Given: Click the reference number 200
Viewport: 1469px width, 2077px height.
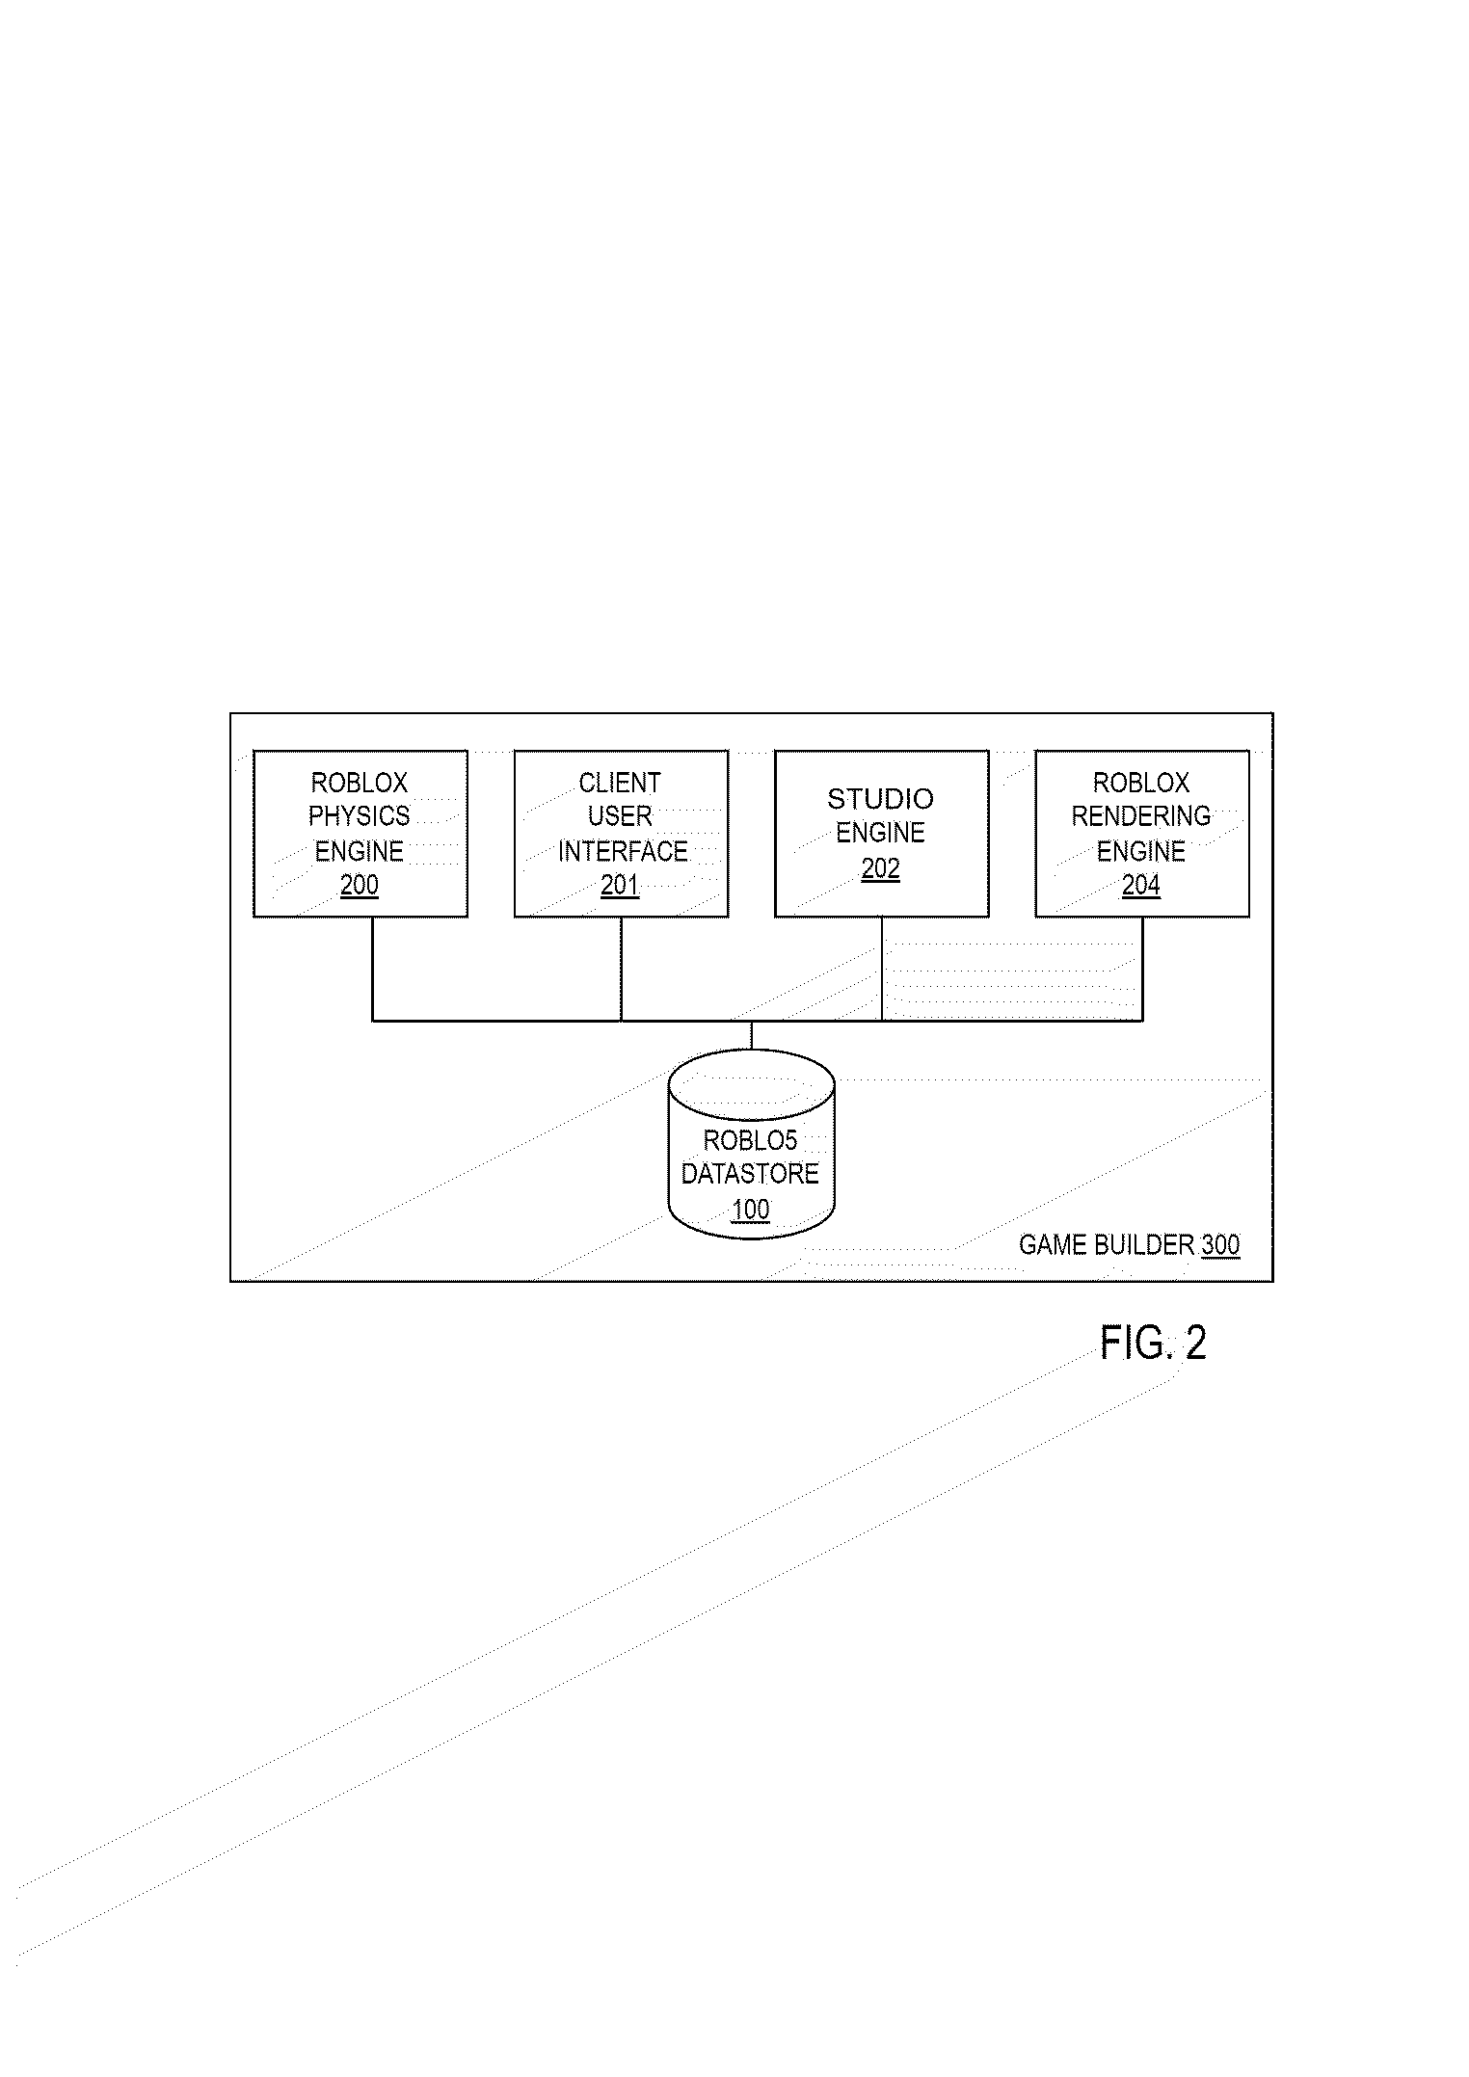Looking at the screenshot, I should [x=360, y=885].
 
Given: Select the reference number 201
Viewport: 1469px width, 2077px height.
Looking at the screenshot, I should [x=620, y=885].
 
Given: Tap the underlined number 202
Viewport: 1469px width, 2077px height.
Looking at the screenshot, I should [x=880, y=868].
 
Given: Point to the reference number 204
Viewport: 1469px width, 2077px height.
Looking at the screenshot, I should [x=1141, y=885].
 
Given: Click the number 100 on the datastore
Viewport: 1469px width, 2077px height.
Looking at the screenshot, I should [x=751, y=1209].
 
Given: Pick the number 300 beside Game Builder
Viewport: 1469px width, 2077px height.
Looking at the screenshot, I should [x=1220, y=1245].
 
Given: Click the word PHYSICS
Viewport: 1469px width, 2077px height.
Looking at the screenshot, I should [x=360, y=816].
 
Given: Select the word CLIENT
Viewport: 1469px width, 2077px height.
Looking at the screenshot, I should [x=620, y=783].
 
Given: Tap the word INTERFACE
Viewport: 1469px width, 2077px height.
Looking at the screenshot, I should [x=623, y=851].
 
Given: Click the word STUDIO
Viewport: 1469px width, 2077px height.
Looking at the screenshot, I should [x=880, y=799].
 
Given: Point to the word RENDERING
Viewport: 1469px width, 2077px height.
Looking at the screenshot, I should [x=1141, y=816].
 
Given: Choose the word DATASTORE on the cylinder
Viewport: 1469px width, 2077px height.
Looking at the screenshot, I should [x=750, y=1174].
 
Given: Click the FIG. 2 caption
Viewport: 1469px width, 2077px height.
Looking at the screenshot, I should [x=1153, y=1343].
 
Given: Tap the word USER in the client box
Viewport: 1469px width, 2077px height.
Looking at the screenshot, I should [x=620, y=816].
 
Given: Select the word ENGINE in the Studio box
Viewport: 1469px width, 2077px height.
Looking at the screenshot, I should [x=880, y=833].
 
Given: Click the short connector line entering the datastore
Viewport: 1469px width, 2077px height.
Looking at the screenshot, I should [x=751, y=1035].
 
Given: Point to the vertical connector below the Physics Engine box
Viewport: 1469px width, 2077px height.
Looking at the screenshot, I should [x=373, y=968].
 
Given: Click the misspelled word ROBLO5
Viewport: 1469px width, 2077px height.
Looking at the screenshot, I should [x=750, y=1140].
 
